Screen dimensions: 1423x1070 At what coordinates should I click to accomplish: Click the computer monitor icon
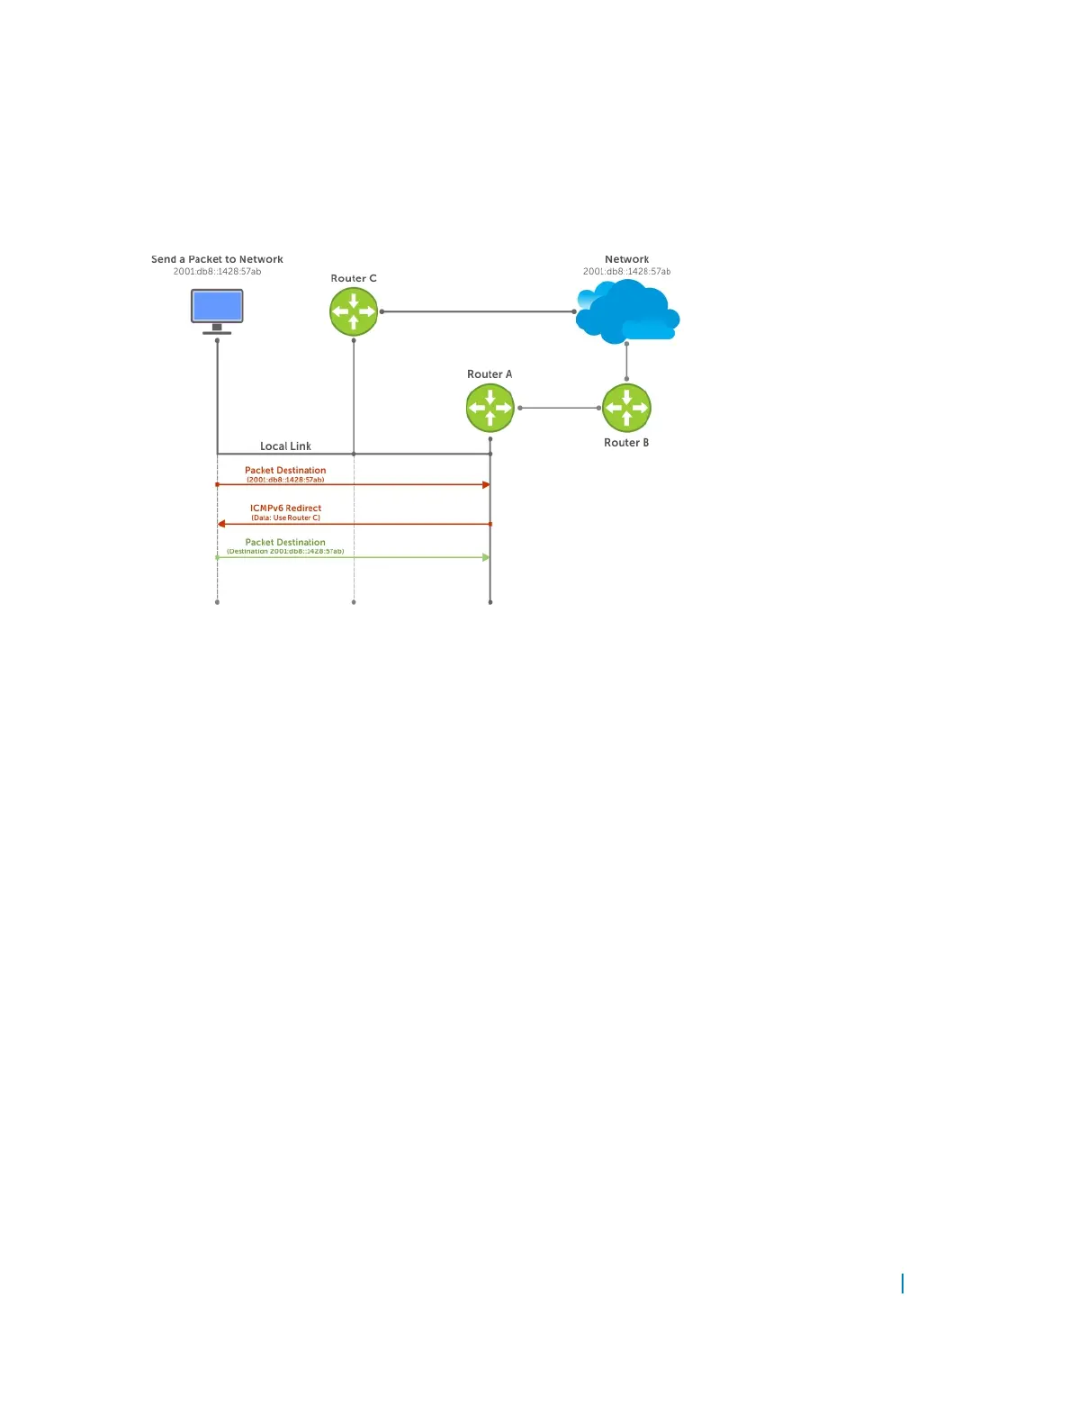pos(217,307)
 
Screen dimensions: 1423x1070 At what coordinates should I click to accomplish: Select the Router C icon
pos(354,312)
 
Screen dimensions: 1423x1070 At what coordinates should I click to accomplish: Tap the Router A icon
pos(490,408)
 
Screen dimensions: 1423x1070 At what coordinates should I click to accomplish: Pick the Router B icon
pos(626,408)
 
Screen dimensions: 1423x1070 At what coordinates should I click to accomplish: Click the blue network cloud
pos(627,311)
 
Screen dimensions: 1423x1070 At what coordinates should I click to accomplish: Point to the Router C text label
pos(354,278)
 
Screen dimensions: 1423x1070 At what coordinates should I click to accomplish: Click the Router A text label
pos(490,374)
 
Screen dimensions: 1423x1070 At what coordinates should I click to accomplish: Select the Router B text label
pos(626,443)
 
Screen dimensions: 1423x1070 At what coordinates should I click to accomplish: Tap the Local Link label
pos(285,446)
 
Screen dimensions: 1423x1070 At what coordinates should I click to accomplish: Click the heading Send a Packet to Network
pos(217,259)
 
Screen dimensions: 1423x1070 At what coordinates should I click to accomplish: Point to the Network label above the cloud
pos(627,259)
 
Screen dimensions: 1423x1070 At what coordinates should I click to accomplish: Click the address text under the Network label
pos(626,271)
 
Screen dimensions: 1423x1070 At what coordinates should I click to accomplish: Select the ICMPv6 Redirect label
pos(285,508)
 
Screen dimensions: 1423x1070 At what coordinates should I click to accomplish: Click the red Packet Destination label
pos(285,470)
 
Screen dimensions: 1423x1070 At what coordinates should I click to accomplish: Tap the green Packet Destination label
pos(285,542)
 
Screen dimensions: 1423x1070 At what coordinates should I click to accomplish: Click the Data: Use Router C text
pos(285,518)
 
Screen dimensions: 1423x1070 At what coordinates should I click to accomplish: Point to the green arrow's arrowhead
pos(486,557)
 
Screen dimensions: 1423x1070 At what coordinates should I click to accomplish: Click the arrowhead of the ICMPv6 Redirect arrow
pos(221,524)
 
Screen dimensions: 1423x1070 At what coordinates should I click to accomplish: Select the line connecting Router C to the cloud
pos(477,311)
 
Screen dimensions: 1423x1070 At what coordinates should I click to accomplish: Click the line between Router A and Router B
pos(559,408)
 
